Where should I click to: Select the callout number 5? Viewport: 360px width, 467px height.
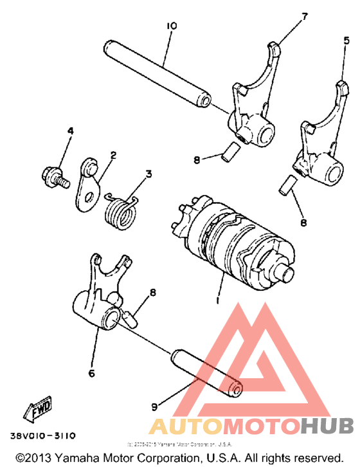coord(346,41)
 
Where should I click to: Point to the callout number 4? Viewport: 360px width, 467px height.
coord(70,131)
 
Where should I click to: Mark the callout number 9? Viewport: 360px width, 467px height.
coord(154,406)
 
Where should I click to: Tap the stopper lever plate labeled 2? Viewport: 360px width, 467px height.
coord(86,186)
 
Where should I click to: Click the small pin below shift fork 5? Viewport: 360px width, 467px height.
coord(287,185)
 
